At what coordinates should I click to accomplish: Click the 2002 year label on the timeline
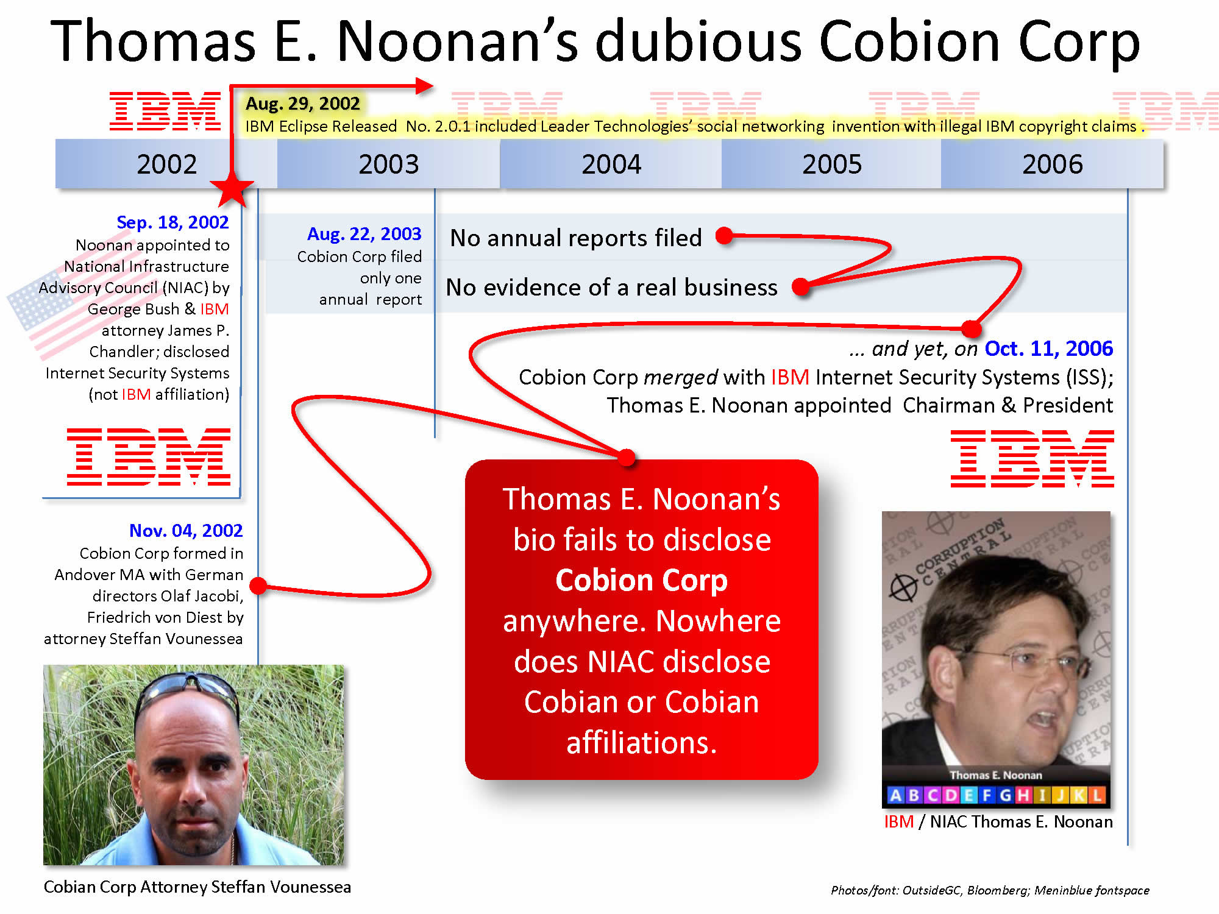[166, 165]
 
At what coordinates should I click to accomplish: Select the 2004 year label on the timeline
[611, 165]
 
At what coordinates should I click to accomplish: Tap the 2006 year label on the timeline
[1053, 165]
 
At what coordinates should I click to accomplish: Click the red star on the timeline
[232, 188]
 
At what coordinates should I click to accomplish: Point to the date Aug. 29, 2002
[302, 104]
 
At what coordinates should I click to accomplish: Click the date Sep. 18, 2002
[172, 222]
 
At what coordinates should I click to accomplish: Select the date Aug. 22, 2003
[364, 234]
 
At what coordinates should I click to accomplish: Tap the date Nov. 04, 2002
[186, 531]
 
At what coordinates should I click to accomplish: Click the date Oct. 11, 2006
[1049, 349]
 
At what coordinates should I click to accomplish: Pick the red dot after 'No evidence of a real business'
[801, 286]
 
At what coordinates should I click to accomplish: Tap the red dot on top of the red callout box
[627, 457]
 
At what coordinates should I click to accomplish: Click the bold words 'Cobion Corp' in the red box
[642, 579]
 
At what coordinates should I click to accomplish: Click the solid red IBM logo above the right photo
[1032, 458]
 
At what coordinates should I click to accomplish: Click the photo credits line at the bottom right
[990, 890]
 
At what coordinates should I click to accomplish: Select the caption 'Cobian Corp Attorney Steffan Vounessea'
[197, 887]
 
